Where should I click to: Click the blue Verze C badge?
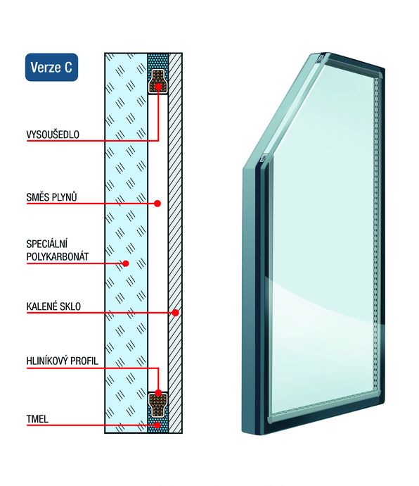(51, 67)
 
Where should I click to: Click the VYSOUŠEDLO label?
(53, 135)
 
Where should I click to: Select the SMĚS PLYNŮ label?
(51, 197)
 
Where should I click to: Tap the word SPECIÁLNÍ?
(46, 244)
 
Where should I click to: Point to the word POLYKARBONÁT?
(57, 256)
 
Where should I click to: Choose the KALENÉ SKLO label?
(53, 306)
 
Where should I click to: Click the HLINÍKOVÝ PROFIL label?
(62, 361)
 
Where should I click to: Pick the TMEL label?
(37, 419)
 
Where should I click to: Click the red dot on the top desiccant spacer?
(158, 87)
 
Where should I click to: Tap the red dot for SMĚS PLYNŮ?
(157, 204)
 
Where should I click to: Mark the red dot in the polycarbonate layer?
(126, 263)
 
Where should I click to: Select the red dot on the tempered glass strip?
(176, 313)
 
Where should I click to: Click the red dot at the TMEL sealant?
(157, 425)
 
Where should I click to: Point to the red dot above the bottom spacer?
(158, 393)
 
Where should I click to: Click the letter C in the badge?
(68, 67)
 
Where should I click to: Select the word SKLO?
(70, 306)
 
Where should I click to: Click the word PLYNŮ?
(64, 197)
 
